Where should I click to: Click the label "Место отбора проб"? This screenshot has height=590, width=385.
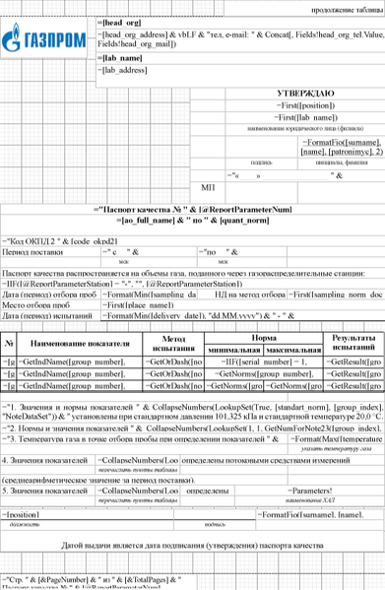pos(37,306)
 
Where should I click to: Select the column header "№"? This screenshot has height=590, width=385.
pos(9,343)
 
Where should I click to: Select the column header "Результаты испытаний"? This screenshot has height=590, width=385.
pos(350,343)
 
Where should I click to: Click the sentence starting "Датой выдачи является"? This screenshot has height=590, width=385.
pos(193,543)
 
